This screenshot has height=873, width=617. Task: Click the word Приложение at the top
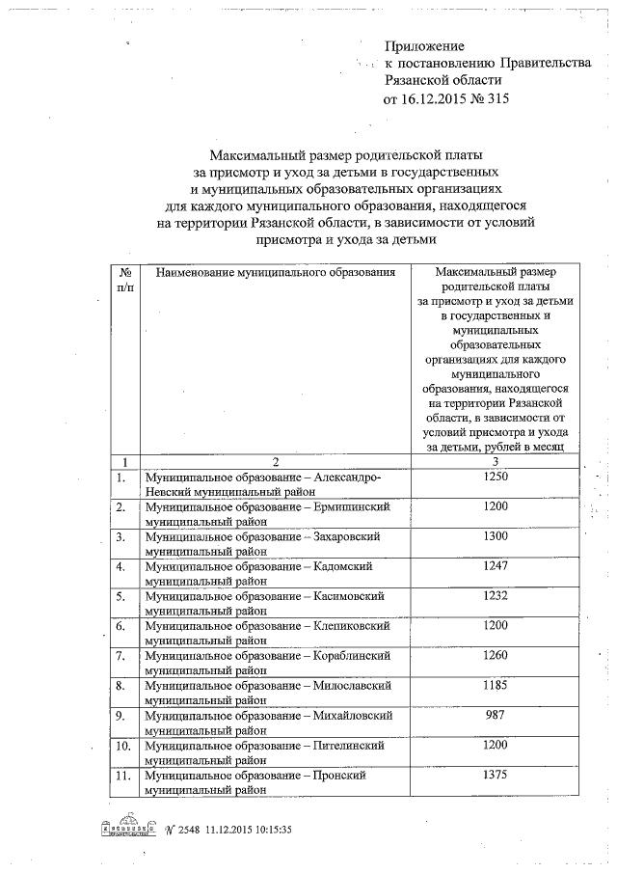pyautogui.click(x=424, y=46)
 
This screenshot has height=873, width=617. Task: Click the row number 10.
pyautogui.click(x=124, y=746)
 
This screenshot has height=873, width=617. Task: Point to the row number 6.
pyautogui.click(x=121, y=626)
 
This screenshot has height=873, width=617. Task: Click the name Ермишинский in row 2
pyautogui.click(x=355, y=506)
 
